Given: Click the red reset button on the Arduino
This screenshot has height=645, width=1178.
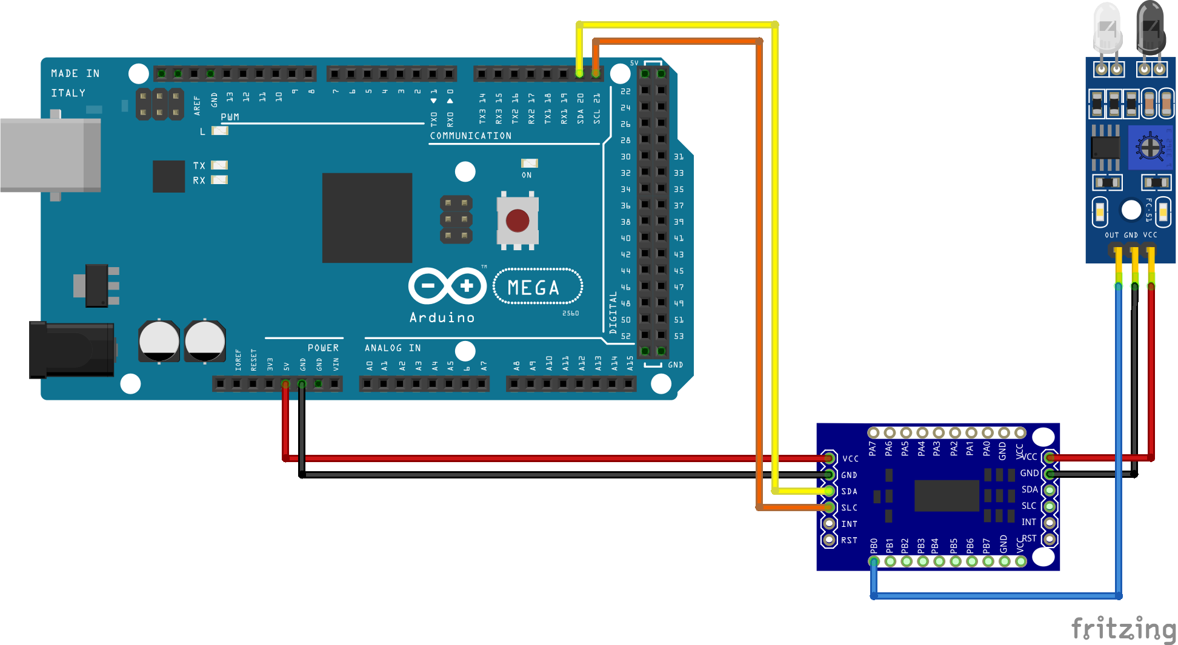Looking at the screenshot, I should tap(517, 221).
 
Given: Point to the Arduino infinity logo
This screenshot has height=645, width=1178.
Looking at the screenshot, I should tap(447, 286).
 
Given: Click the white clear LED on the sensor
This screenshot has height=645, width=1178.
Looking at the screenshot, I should tap(1108, 27).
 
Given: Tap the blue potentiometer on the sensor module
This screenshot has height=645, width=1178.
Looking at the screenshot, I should tap(1149, 147).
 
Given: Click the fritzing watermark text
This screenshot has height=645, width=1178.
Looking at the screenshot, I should tap(1122, 629).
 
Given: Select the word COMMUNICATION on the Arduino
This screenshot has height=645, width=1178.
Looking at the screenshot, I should tap(471, 136).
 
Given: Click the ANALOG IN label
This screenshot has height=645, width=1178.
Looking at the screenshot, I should tap(393, 348).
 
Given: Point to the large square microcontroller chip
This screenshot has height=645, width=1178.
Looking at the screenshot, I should tap(367, 217).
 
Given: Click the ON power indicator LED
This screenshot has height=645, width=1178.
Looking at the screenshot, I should tap(529, 164).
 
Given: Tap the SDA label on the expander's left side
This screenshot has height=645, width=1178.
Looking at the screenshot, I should tap(849, 491).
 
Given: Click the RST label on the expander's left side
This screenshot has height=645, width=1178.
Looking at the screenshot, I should tap(849, 540).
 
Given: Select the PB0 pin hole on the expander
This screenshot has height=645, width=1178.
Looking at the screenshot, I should tap(874, 561).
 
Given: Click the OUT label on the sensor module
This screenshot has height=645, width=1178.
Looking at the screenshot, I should tap(1111, 235).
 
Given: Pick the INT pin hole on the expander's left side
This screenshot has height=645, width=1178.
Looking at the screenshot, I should tap(829, 523).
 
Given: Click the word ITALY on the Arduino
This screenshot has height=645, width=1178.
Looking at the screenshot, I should tap(68, 93).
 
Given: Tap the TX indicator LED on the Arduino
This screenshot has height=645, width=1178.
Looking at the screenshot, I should tap(219, 165).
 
